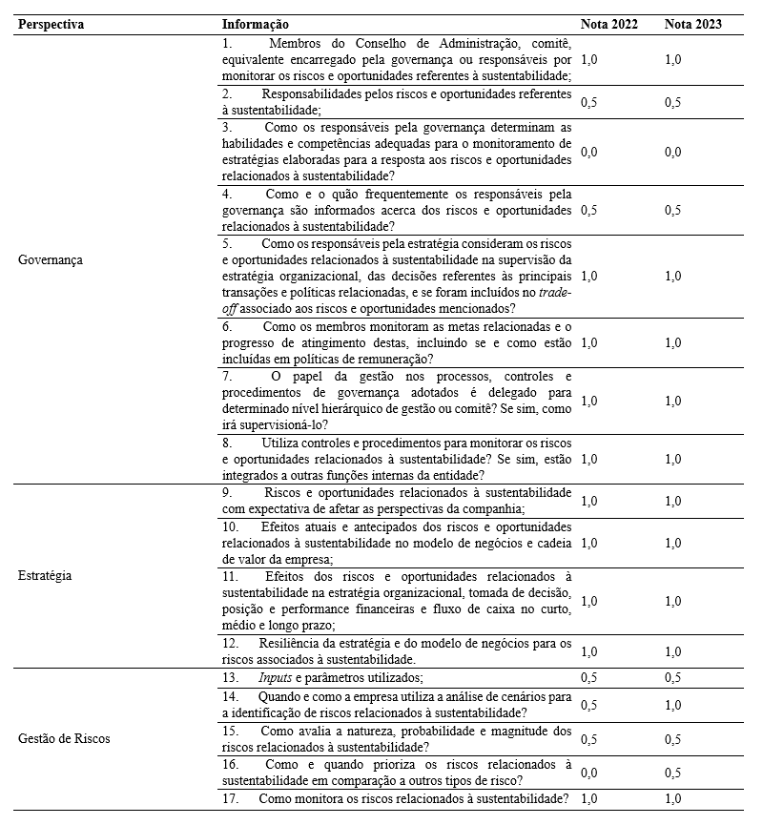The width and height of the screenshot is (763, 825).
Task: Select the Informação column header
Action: coord(256,24)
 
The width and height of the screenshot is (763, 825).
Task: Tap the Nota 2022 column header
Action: coord(608,24)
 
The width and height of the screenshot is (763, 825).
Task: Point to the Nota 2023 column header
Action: coord(692,24)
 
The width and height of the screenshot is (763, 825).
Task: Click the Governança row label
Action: coord(51,259)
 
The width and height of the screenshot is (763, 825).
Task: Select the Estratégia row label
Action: coord(46,576)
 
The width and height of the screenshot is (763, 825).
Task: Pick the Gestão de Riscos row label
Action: coord(64,738)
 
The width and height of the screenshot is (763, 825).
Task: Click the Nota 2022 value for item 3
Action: coord(588,152)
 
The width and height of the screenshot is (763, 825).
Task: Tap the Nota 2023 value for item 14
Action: coord(673,705)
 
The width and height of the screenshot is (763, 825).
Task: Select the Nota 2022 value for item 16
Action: coord(588,772)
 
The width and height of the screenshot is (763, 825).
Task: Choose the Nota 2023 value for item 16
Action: coord(673,772)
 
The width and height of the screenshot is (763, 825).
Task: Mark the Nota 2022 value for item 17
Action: coord(588,798)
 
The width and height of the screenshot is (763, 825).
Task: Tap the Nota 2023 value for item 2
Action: coord(673,102)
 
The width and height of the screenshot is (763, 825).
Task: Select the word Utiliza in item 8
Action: coord(281,443)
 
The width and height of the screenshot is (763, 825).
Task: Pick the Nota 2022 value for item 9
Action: coord(588,501)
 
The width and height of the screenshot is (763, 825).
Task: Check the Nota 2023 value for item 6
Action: coord(673,342)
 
